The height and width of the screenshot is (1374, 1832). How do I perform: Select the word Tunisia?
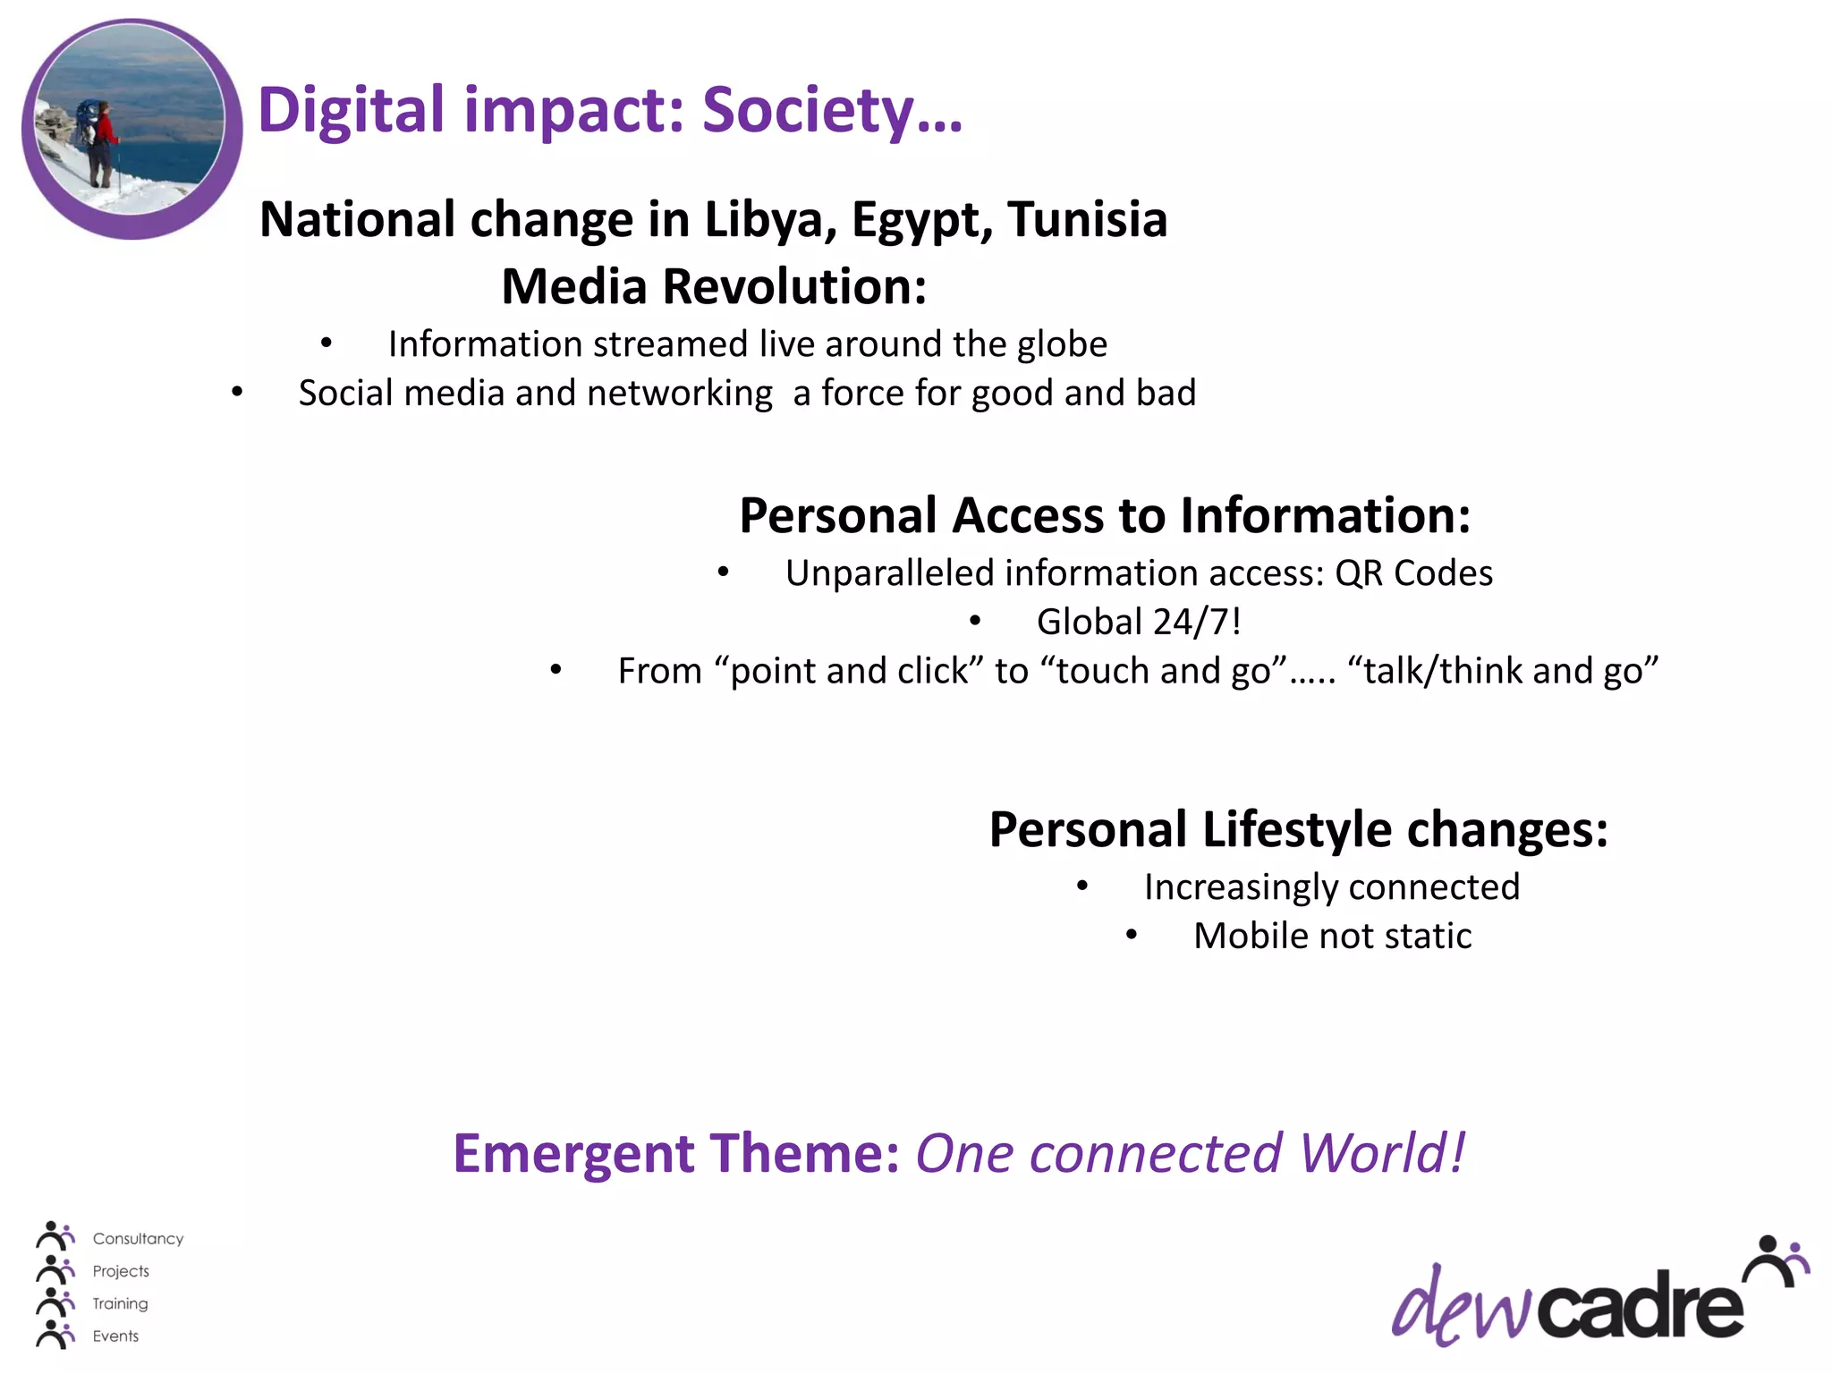[x=1087, y=219]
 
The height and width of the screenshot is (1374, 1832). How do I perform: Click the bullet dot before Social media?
[x=237, y=391]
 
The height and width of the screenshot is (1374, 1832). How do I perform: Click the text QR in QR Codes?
[x=1359, y=573]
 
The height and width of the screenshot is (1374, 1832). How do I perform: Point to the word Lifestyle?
[x=1297, y=829]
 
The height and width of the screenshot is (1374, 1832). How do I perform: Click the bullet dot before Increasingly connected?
[x=1082, y=886]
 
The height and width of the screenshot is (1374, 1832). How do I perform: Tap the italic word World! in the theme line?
[x=1381, y=1153]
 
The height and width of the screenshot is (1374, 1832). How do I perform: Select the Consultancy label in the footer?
[x=138, y=1239]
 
